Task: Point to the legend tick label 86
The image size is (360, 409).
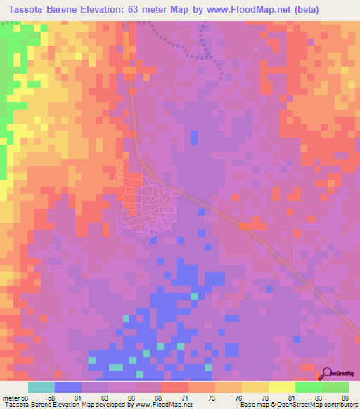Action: click(x=345, y=398)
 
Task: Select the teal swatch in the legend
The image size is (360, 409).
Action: click(x=41, y=387)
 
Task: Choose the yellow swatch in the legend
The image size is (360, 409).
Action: click(x=281, y=387)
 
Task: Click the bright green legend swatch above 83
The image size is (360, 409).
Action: click(x=308, y=387)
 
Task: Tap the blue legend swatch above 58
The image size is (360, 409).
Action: click(x=68, y=387)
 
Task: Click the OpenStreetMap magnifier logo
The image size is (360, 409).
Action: click(x=327, y=373)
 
